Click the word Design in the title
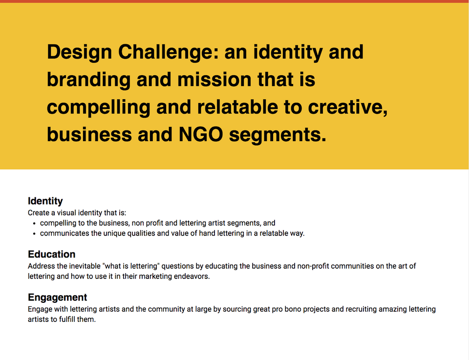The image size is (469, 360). coord(80,52)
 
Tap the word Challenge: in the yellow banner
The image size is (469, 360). coord(169,52)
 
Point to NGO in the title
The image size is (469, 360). coord(201,134)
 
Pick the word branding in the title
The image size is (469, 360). coord(89,80)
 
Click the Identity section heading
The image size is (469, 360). coord(45,201)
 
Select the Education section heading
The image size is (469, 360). coord(51,254)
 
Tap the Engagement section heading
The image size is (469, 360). coord(58,297)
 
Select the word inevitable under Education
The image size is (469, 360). coord(85,266)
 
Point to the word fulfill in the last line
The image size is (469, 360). coord(67,319)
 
